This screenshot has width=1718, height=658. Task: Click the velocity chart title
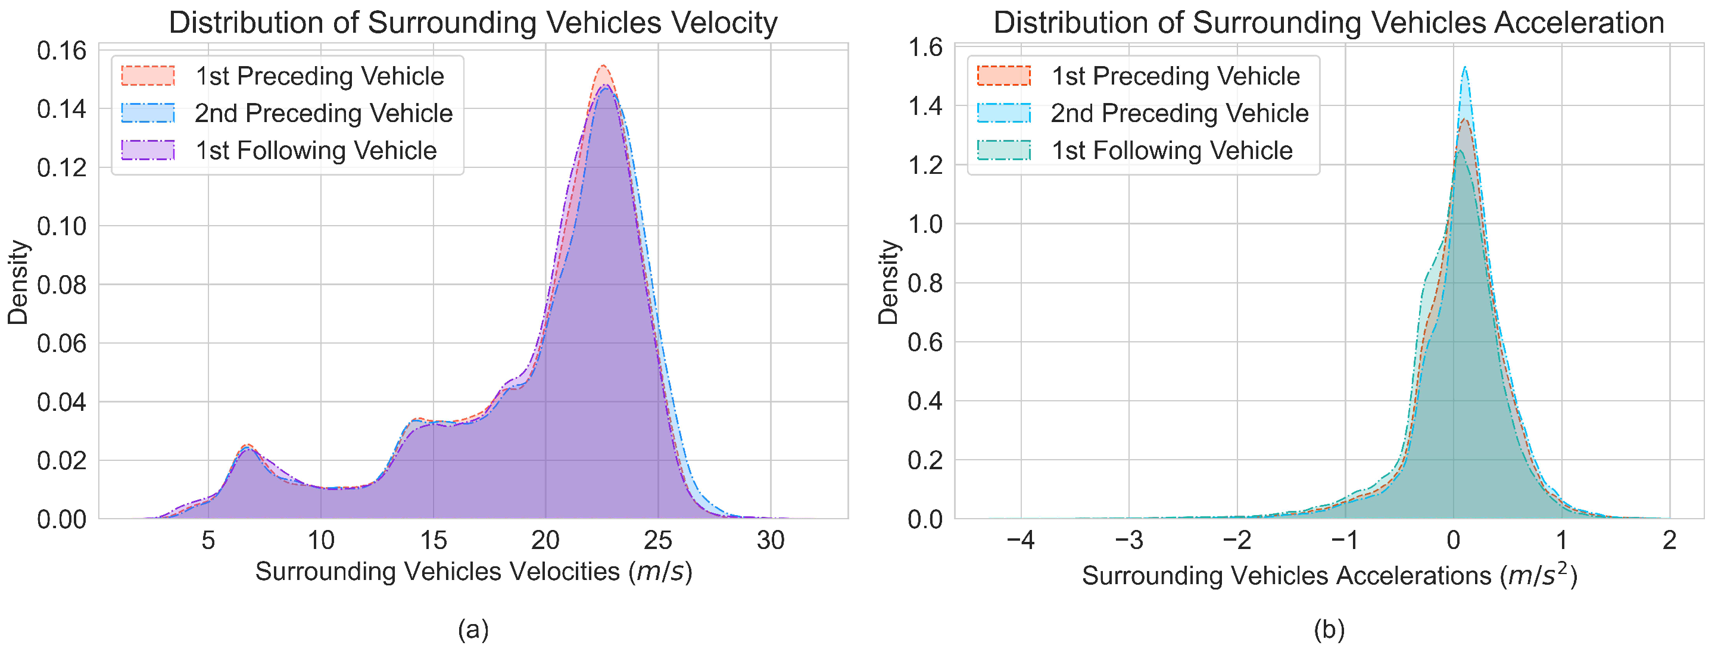pos(473,23)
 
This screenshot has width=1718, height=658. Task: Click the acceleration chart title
pos(1329,23)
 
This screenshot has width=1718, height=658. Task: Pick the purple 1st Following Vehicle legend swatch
pos(148,151)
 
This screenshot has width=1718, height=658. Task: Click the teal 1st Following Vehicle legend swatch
pos(1004,151)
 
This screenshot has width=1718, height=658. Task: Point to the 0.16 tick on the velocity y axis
pos(61,51)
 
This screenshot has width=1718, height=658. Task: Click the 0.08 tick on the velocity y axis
pos(61,285)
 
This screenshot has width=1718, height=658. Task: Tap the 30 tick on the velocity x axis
pos(771,541)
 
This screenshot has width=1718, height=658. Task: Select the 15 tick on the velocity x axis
pos(433,541)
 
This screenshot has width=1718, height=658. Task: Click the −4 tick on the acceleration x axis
pos(1021,541)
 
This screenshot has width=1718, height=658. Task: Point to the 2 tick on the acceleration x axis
pos(1669,541)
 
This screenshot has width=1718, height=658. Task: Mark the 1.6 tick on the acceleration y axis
pos(925,47)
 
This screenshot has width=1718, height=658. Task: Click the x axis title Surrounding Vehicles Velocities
pos(473,572)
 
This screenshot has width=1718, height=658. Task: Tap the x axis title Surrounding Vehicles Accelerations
pos(1329,575)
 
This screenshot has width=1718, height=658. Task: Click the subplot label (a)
pos(473,629)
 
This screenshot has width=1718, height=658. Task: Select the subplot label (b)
pos(1329,629)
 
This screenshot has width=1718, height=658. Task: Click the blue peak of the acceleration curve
pos(1464,67)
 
